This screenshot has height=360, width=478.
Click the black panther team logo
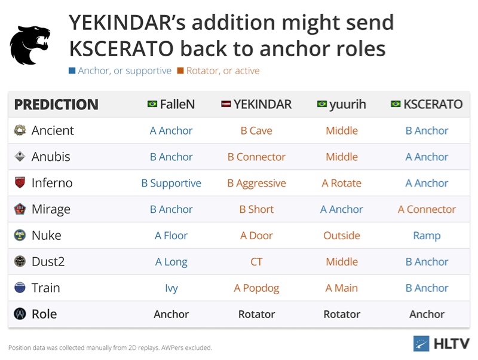(x=30, y=45)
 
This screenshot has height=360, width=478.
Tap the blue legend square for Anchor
(x=72, y=71)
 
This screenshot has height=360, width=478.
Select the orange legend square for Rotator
(x=180, y=71)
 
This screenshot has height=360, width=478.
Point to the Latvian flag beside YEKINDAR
(x=226, y=104)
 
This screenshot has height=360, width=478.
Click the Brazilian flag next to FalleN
(x=152, y=104)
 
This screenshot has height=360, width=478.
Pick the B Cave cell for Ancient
(x=256, y=130)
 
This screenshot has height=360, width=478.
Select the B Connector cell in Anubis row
(x=256, y=157)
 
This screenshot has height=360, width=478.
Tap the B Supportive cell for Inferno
(x=171, y=183)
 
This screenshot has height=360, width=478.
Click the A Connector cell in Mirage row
(x=427, y=209)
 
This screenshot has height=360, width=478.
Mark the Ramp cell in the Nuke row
(x=427, y=236)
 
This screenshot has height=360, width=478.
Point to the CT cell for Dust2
(x=256, y=262)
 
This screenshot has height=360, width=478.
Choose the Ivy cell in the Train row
(x=171, y=288)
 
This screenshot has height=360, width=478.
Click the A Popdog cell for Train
(x=256, y=288)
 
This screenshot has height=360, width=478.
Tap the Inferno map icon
(x=20, y=182)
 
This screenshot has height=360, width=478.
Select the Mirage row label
(x=51, y=209)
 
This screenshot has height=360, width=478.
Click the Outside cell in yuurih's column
(x=342, y=236)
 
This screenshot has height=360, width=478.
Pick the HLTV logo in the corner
(x=442, y=343)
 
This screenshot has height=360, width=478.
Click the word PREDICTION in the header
(x=56, y=104)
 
